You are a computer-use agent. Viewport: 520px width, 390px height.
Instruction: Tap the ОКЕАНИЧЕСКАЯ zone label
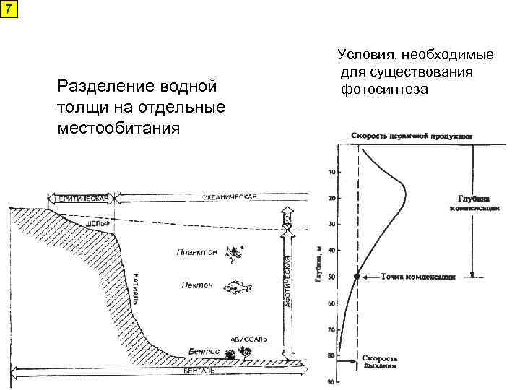pos(229,196)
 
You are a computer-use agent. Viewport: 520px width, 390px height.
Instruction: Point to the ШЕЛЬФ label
pos(97,225)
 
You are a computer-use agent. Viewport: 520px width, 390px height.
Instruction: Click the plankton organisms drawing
pos(234,252)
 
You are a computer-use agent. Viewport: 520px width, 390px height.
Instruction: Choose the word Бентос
pos(203,350)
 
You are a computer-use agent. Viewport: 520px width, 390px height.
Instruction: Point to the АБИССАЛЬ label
pos(249,338)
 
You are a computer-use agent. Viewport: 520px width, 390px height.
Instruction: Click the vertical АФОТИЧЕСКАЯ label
pos(287,282)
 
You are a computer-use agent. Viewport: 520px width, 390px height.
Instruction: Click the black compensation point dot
pos(357,277)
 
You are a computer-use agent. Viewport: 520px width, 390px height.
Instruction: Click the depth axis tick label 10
pos(331,172)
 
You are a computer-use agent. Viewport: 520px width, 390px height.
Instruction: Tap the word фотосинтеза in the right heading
pos(386,89)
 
